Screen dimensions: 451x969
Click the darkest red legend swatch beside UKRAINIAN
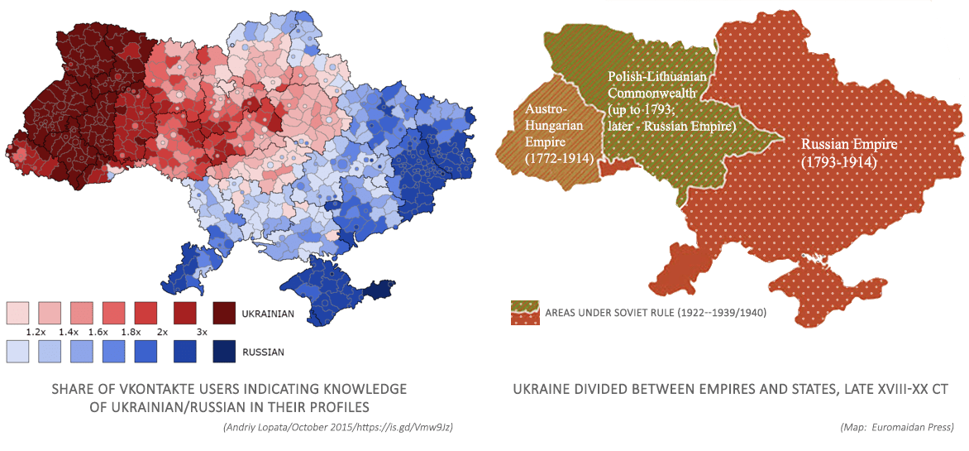pyautogui.click(x=224, y=314)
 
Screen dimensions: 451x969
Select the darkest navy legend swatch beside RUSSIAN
pyautogui.click(x=224, y=352)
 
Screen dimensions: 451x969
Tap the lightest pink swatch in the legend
pyautogui.click(x=17, y=314)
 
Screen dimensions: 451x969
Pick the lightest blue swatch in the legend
pyautogui.click(x=17, y=352)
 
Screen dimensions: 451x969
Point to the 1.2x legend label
pyautogui.click(x=35, y=331)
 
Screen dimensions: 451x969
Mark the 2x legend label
pyautogui.click(x=163, y=331)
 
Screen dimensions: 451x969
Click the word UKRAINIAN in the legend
pyautogui.click(x=269, y=314)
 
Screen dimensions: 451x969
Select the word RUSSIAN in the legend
pyautogui.click(x=263, y=353)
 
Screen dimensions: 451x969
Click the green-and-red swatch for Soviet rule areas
pyautogui.click(x=525, y=313)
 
